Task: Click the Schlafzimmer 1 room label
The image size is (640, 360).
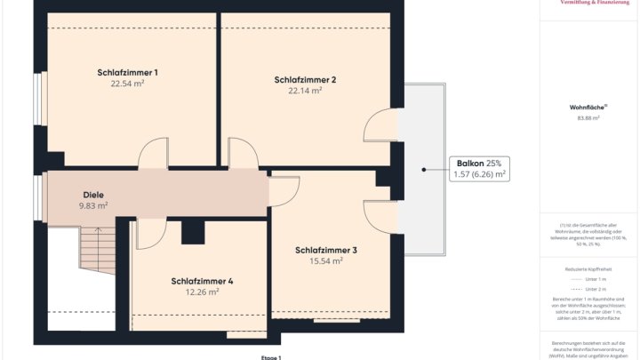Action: (127, 72)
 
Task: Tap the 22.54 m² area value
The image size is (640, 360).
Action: (127, 84)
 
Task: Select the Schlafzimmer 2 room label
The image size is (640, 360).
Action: (305, 79)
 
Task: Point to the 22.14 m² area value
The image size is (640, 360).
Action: (305, 91)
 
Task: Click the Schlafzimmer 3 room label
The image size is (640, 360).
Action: (326, 251)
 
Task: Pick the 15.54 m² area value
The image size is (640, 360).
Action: (326, 261)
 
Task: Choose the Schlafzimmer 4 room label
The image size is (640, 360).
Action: (202, 281)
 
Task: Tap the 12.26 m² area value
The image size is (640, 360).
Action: (202, 292)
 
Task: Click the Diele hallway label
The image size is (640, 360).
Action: (93, 195)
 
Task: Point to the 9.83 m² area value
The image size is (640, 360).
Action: (93, 205)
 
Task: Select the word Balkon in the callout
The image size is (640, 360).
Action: (470, 164)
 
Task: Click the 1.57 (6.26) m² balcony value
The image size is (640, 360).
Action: (480, 175)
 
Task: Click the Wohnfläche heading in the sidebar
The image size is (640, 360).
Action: (586, 108)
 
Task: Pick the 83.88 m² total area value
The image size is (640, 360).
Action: (588, 117)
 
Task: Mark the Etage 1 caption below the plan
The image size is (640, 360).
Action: (270, 356)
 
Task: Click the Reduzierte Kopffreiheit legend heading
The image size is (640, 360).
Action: (588, 268)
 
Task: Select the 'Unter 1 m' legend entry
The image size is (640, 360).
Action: (595, 279)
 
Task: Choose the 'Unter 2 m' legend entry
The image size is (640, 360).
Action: (595, 289)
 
